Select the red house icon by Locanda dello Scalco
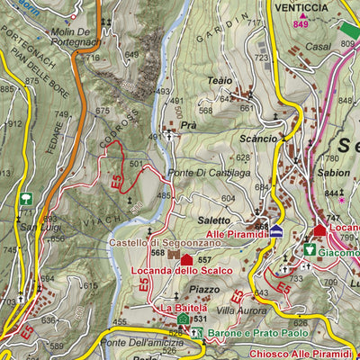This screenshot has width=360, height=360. [x=186, y=260]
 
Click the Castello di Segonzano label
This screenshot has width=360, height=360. [x=150, y=242]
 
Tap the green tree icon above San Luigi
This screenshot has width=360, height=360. [x=25, y=198]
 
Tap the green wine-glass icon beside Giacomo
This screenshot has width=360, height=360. [x=309, y=250]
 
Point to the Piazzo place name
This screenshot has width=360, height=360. [x=203, y=290]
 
